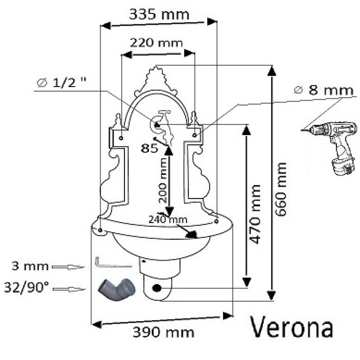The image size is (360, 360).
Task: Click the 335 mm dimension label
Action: point(159,14)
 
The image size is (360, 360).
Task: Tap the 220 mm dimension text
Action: point(156,43)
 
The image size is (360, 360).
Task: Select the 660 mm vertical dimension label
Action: point(281,189)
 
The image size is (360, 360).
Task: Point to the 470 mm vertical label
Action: point(255,214)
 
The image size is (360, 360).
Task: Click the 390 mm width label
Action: point(163,332)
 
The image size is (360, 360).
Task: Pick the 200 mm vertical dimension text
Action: point(163,180)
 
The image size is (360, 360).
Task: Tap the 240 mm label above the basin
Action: point(168,220)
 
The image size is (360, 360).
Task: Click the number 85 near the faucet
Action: point(149,148)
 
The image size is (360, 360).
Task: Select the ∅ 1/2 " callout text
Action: point(62,82)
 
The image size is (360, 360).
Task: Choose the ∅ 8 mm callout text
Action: point(324,90)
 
